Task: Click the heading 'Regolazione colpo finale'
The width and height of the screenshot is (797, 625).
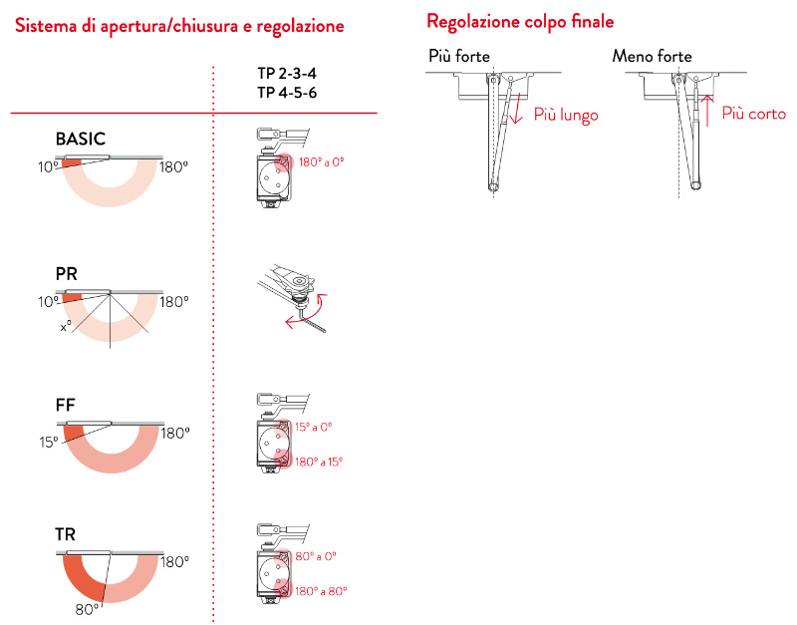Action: point(520,21)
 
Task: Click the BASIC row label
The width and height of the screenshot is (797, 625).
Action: point(80,139)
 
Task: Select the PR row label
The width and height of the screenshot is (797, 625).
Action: point(67,272)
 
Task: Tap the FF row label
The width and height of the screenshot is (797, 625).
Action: point(66,406)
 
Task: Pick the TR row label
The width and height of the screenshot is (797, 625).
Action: point(66,536)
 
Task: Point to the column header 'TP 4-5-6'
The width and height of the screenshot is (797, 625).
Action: point(287,93)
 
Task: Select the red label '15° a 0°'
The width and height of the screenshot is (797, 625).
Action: point(314,426)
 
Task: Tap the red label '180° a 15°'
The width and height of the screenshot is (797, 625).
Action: point(320,462)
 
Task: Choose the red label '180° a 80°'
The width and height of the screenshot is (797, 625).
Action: point(322,591)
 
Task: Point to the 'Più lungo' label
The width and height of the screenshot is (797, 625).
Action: point(566,116)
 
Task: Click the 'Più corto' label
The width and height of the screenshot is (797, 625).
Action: point(753,115)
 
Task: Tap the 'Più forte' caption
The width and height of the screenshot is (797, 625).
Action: point(458,57)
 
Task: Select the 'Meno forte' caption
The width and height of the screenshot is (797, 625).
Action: point(652,57)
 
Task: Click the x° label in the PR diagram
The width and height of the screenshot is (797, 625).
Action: point(66,326)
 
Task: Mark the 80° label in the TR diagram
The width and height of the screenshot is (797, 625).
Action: point(88,607)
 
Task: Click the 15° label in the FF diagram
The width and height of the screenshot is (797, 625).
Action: point(48,442)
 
